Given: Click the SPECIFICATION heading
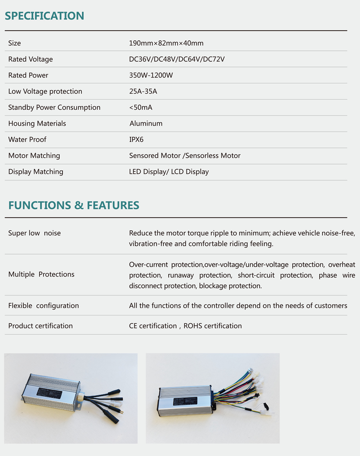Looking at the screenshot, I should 44,16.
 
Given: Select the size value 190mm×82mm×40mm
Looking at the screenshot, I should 166,43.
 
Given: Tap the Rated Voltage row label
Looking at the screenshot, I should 31,59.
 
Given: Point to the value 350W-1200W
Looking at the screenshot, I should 151,75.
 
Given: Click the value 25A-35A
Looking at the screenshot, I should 143,91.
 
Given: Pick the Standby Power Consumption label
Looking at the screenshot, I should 54,107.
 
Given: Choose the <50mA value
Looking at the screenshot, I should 140,107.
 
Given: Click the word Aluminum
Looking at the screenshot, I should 146,123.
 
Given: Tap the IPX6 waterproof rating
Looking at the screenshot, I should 136,139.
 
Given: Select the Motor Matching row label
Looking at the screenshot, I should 34,155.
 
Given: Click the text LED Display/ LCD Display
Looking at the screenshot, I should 169,171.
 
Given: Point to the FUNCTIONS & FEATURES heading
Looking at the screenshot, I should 74,205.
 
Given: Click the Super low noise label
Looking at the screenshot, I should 34,233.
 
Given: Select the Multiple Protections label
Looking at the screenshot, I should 41,274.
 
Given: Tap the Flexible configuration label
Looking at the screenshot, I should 43,305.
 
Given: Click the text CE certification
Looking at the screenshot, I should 153,326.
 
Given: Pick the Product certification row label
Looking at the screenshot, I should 40,326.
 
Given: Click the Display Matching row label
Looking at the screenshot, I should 36,171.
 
